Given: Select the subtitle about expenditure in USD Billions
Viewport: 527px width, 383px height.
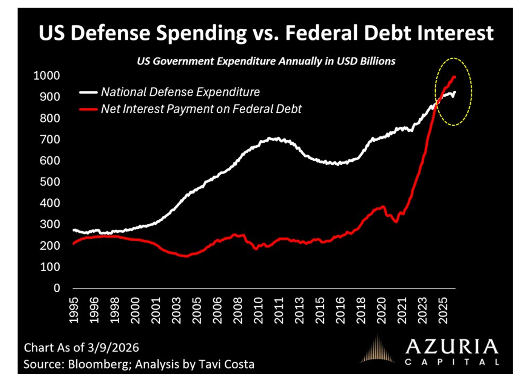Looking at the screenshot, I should pyautogui.click(x=266, y=61).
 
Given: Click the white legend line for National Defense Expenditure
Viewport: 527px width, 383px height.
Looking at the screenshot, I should pyautogui.click(x=88, y=92).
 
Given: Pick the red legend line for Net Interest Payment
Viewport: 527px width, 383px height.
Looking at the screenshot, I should pyautogui.click(x=88, y=109).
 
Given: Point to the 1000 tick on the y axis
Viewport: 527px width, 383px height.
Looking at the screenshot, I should pyautogui.click(x=46, y=76).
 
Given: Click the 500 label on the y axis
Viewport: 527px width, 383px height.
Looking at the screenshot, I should pyautogui.click(x=50, y=182).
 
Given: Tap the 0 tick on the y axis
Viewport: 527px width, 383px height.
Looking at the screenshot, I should pyautogui.click(x=57, y=288).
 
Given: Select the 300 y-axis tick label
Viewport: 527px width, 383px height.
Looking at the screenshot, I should pyautogui.click(x=50, y=224).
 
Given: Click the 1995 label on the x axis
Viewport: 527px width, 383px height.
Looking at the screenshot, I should pyautogui.click(x=74, y=310).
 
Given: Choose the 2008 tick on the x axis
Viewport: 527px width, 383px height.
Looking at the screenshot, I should pyautogui.click(x=238, y=310).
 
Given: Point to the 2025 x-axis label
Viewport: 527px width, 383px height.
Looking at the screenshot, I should pyautogui.click(x=443, y=310).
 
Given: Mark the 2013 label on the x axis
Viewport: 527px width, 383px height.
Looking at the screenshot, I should pyautogui.click(x=299, y=310).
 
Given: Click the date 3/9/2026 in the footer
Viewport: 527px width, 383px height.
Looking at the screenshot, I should pyautogui.click(x=113, y=347).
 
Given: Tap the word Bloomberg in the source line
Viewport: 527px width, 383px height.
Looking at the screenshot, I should pyautogui.click(x=99, y=364).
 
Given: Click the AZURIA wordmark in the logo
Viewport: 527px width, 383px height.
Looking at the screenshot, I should pyautogui.click(x=452, y=346).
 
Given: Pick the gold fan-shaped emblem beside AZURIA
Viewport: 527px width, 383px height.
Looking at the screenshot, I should pyautogui.click(x=378, y=349).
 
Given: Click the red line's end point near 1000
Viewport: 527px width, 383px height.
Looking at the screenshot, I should pyautogui.click(x=454, y=77).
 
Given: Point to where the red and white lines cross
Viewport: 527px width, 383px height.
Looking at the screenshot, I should pyautogui.click(x=437, y=102).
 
